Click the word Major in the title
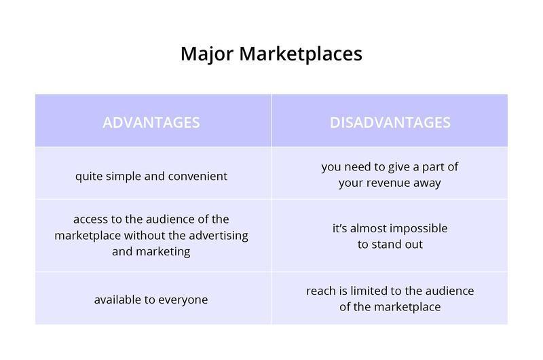[207, 54]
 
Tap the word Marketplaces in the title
[301, 54]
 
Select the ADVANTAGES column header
[151, 123]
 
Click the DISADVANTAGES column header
[390, 123]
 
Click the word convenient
[198, 176]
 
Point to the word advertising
[219, 236]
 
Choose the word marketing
[163, 251]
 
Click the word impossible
[419, 229]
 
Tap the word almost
[369, 228]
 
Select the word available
[117, 300]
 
